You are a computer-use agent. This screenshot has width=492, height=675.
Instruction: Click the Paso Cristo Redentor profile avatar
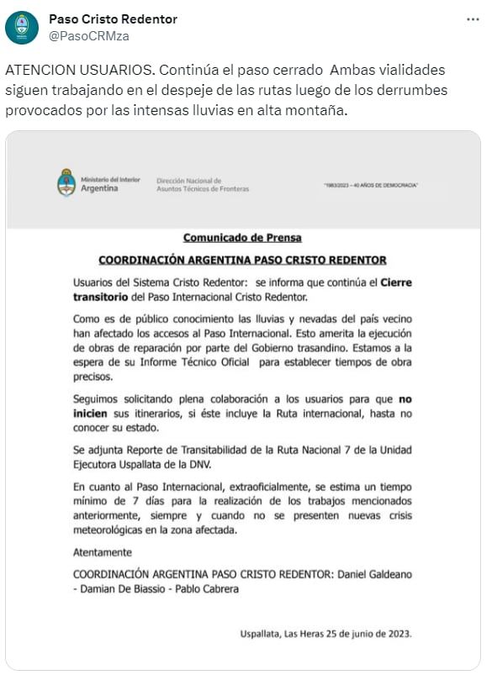tap(22, 28)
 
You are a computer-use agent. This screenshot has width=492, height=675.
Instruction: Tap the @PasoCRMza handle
tap(89, 36)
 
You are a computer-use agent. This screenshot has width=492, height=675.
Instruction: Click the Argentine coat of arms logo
tap(66, 182)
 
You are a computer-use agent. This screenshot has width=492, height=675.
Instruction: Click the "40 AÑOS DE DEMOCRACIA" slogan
tap(371, 185)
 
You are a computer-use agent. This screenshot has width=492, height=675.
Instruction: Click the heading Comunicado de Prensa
tap(242, 238)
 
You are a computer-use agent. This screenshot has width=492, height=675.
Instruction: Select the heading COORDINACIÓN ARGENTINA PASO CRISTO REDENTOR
tap(242, 260)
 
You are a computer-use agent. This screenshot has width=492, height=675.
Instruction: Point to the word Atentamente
tap(103, 552)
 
